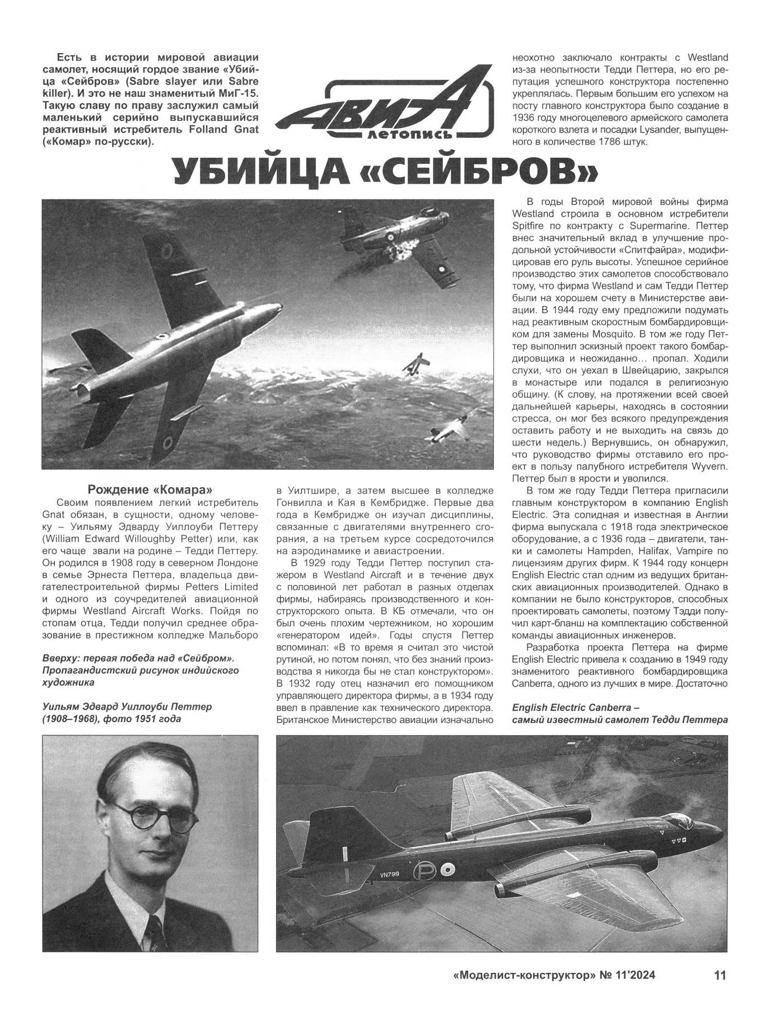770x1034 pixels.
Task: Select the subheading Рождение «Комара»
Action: tap(151, 487)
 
